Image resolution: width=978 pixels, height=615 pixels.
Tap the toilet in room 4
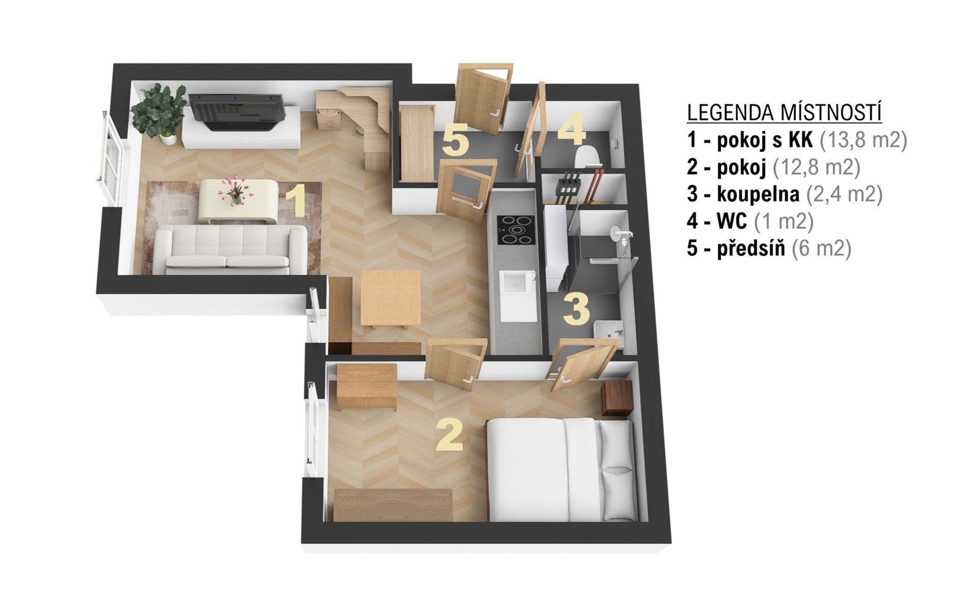[x=589, y=156]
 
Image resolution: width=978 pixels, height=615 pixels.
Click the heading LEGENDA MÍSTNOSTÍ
[x=784, y=113]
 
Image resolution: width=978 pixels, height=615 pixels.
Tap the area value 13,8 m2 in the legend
[x=863, y=140]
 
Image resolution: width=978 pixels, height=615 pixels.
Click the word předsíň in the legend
[x=751, y=249]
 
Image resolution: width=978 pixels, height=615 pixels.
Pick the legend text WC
[x=732, y=221]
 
